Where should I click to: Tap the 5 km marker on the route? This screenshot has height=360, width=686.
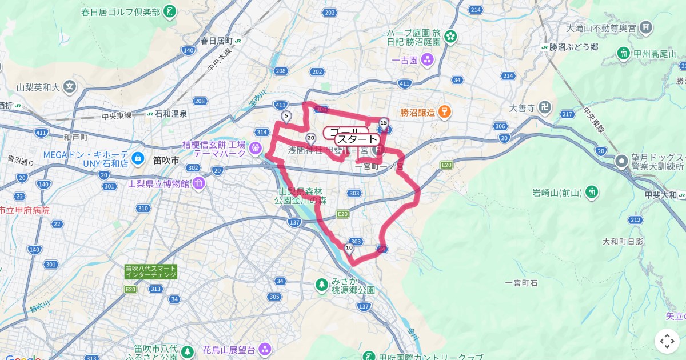pos(286,117)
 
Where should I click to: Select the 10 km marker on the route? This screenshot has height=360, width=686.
pos(349,247)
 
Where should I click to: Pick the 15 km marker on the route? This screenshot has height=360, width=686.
pos(384,122)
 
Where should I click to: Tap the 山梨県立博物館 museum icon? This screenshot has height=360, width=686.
pos(198,184)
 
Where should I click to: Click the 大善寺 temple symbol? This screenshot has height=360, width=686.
pos(545,107)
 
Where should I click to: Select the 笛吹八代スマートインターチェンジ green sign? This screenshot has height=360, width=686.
pos(151,271)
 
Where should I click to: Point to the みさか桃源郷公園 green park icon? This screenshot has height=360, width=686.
pos(322,283)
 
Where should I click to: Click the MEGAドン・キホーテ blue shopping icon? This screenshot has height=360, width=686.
pos(137,157)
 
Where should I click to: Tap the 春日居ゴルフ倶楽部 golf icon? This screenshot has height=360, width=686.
pos(170,11)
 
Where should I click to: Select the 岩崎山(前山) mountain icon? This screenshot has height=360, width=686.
pos(592,191)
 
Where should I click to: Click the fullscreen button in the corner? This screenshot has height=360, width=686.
pos(667,341)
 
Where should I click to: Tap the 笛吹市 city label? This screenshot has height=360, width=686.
pos(166,161)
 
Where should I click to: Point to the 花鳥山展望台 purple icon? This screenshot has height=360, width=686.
pos(265,348)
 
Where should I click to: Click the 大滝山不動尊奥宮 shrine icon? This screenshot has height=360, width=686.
pos(647,27)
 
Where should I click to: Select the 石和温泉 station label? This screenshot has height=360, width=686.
pos(167,114)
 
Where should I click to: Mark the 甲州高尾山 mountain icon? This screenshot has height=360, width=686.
pos(623,54)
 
